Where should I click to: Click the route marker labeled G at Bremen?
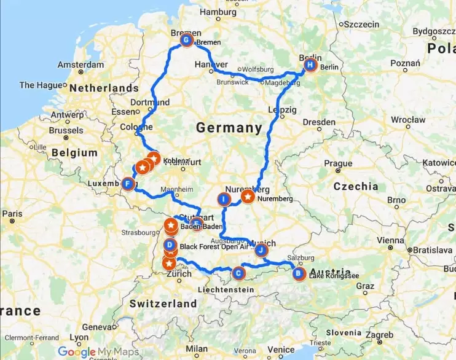tap(186, 41)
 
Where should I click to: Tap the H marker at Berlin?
tap(311, 65)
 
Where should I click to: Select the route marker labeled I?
tap(224, 198)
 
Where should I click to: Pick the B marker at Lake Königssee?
tap(298, 274)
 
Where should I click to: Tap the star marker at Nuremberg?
tap(248, 197)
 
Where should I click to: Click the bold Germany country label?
tap(229, 128)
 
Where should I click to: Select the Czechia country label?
tap(356, 186)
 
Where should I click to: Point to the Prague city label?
tap(338, 163)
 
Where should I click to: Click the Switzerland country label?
tap(163, 303)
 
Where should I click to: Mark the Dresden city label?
tap(318, 122)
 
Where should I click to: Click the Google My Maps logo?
tap(98, 351)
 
